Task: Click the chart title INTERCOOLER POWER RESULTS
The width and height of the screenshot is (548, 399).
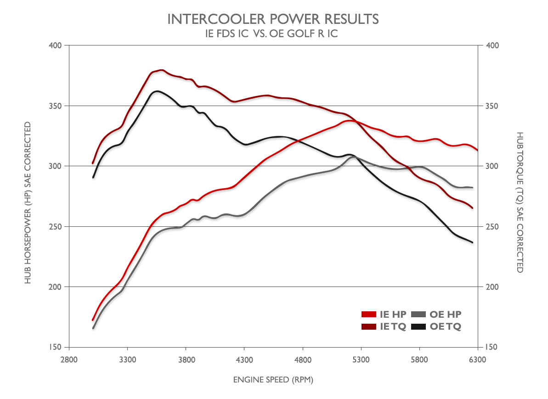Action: coord(273,19)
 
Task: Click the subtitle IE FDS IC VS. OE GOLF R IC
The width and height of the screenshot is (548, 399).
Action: coord(273,34)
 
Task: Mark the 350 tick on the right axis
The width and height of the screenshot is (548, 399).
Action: coord(492,106)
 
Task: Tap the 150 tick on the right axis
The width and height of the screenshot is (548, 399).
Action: coord(492,347)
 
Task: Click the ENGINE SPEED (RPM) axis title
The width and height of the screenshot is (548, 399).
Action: coord(273,379)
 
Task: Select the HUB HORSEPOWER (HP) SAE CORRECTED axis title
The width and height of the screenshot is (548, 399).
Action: coord(28,202)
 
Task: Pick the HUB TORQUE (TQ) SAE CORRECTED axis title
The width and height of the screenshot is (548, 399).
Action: coord(520,202)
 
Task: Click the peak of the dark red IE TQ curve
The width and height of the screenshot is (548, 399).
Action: coord(161,70)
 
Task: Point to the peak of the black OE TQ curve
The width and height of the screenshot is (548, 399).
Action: coord(157,91)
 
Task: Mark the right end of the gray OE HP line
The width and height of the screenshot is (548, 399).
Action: coord(472,187)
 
